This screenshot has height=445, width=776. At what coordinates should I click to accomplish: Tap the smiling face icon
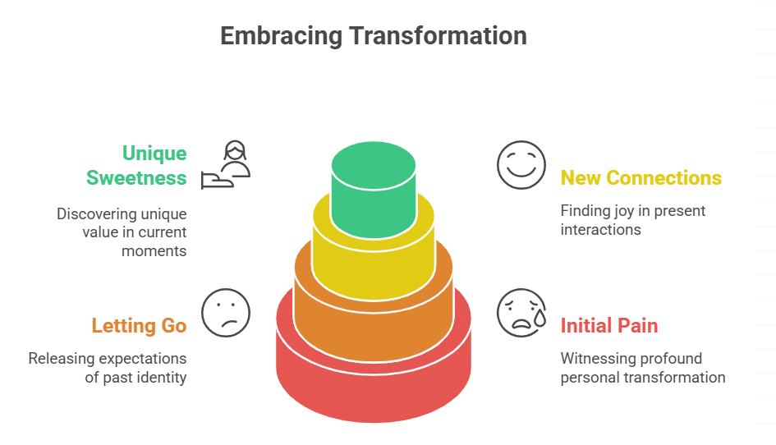coord(521,164)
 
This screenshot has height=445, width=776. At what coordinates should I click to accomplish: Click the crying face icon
coord(521,312)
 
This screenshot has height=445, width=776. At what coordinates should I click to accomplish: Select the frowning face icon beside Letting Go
coord(225,312)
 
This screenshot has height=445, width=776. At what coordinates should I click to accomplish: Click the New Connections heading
coord(641,178)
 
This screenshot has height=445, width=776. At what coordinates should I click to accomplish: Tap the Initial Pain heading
coord(608,326)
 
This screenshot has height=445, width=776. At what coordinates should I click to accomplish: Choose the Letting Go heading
coord(139,326)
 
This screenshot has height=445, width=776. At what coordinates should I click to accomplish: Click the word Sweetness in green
coord(136,178)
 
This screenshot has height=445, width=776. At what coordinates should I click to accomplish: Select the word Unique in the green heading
coord(154,154)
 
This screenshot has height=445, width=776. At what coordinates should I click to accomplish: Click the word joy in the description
coord(618,211)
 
